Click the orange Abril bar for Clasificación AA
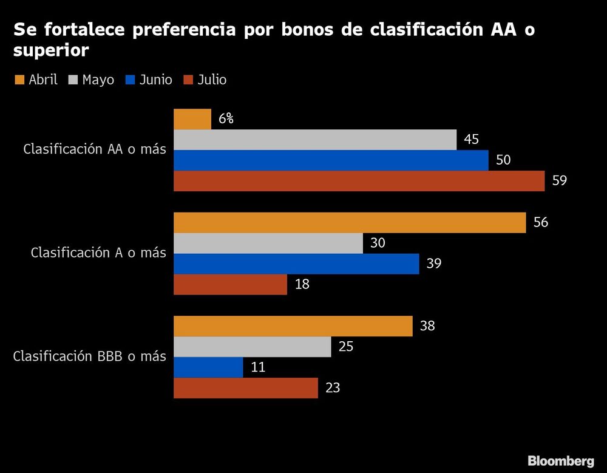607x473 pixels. point(192,119)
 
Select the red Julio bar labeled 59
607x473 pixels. point(359,181)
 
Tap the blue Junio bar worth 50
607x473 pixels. point(331,160)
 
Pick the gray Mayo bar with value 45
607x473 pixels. point(315,140)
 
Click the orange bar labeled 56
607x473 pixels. point(350,223)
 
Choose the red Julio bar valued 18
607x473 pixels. point(230,285)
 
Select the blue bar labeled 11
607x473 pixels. point(208,367)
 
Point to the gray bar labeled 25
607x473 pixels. point(252,347)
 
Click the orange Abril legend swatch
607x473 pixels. point(19,80)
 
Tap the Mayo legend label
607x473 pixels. point(98,80)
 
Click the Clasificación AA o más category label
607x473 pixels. point(94,149)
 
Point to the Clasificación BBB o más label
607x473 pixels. point(89,356)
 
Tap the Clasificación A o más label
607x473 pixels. point(98,253)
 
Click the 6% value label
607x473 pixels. point(226,119)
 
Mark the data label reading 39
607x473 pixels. point(434,264)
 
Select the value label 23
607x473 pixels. point(333,388)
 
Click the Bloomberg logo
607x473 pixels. point(560,460)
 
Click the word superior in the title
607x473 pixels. point(51,51)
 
